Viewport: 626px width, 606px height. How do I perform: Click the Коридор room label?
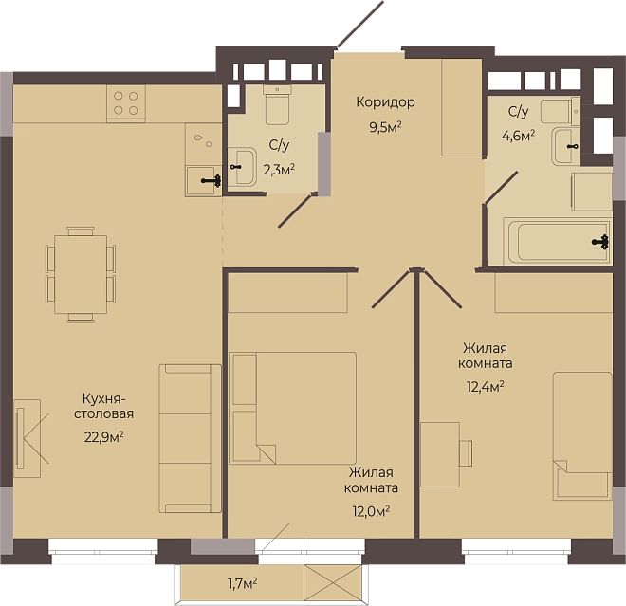[385, 103]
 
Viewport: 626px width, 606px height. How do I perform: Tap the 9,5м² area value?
[385, 127]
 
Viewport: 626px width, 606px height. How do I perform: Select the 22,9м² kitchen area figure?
[103, 437]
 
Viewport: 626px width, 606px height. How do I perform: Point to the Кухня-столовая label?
[103, 406]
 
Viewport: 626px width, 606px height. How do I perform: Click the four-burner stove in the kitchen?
[126, 103]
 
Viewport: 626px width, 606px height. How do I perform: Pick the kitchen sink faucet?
[212, 181]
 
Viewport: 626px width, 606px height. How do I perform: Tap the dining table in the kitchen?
[81, 274]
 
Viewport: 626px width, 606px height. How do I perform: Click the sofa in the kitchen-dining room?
[190, 438]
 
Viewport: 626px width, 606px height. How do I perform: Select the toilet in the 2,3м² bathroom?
[278, 104]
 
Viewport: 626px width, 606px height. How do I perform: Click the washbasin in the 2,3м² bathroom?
[242, 167]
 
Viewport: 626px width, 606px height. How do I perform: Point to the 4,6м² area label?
[518, 137]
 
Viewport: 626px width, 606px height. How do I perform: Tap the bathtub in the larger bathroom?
[557, 241]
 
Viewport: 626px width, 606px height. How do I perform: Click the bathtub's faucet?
[600, 242]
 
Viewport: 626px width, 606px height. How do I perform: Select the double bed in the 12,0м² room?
[292, 408]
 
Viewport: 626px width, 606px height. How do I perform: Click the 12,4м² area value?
[485, 386]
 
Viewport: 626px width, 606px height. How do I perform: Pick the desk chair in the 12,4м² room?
[466, 453]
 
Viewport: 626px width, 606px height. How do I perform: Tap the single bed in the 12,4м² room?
[582, 436]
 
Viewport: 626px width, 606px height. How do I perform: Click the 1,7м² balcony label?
[242, 584]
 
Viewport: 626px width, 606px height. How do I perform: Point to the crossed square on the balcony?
[333, 582]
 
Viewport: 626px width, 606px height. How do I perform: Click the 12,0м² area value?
[371, 511]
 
